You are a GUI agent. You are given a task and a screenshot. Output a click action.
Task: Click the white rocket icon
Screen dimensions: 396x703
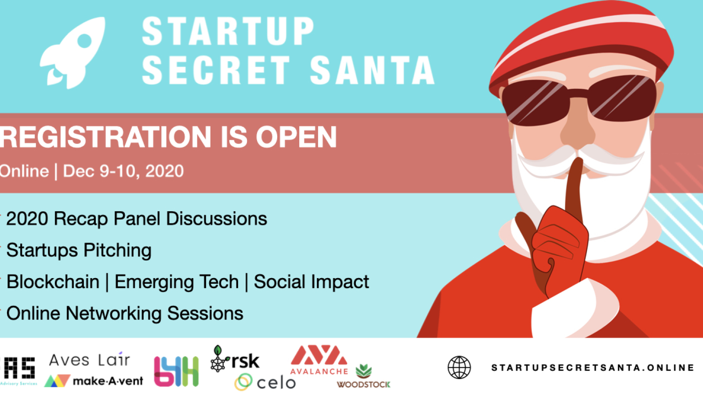(x=74, y=53)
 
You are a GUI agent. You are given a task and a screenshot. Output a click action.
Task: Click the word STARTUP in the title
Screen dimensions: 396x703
(x=228, y=31)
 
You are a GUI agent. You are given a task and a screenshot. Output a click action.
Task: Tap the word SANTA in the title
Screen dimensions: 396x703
(x=372, y=70)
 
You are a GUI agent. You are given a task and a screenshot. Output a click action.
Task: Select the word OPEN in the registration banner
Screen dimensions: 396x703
(x=296, y=137)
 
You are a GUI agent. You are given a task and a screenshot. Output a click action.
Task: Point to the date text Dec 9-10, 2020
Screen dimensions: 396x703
(x=123, y=171)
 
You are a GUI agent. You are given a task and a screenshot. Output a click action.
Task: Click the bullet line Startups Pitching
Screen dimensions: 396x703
(x=79, y=250)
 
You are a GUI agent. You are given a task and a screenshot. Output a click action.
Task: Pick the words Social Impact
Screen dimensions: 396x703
(x=312, y=282)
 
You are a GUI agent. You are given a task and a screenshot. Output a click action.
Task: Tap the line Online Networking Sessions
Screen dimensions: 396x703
(x=125, y=314)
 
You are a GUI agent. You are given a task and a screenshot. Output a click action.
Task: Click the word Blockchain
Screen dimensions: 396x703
(x=53, y=282)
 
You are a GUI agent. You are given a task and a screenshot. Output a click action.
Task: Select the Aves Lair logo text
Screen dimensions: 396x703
(x=90, y=360)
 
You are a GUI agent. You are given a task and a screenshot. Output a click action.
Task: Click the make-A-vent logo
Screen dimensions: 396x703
(x=94, y=381)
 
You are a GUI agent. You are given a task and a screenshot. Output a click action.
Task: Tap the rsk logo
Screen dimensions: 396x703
(x=236, y=360)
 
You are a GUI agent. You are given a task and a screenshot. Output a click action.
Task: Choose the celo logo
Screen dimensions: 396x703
(x=265, y=382)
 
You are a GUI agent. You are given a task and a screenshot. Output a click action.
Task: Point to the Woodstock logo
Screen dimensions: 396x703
(x=363, y=378)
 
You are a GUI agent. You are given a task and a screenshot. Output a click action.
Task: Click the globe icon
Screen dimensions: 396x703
(x=459, y=367)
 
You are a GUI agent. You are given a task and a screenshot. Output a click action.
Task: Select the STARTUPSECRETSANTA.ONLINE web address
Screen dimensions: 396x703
(x=592, y=367)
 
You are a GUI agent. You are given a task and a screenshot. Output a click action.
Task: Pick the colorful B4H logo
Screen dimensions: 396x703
(x=176, y=371)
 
